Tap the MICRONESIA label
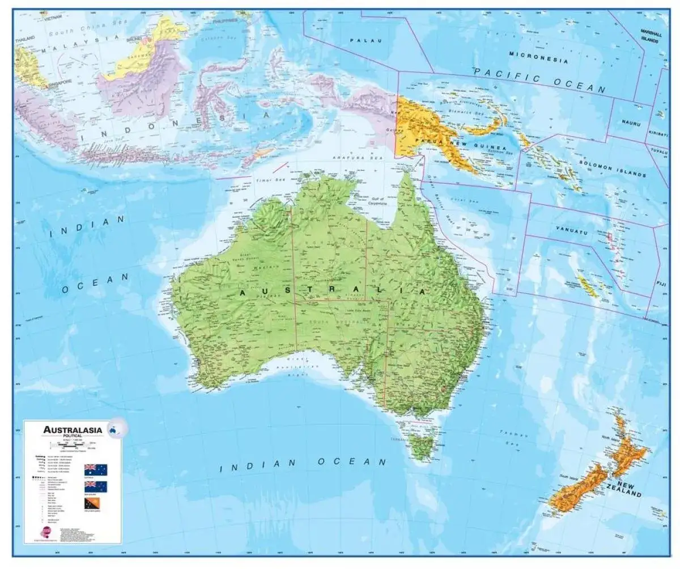click(538, 57)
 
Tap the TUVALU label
click(659, 151)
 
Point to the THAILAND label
click(25, 38)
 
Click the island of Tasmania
click(422, 445)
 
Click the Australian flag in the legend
click(96, 469)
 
